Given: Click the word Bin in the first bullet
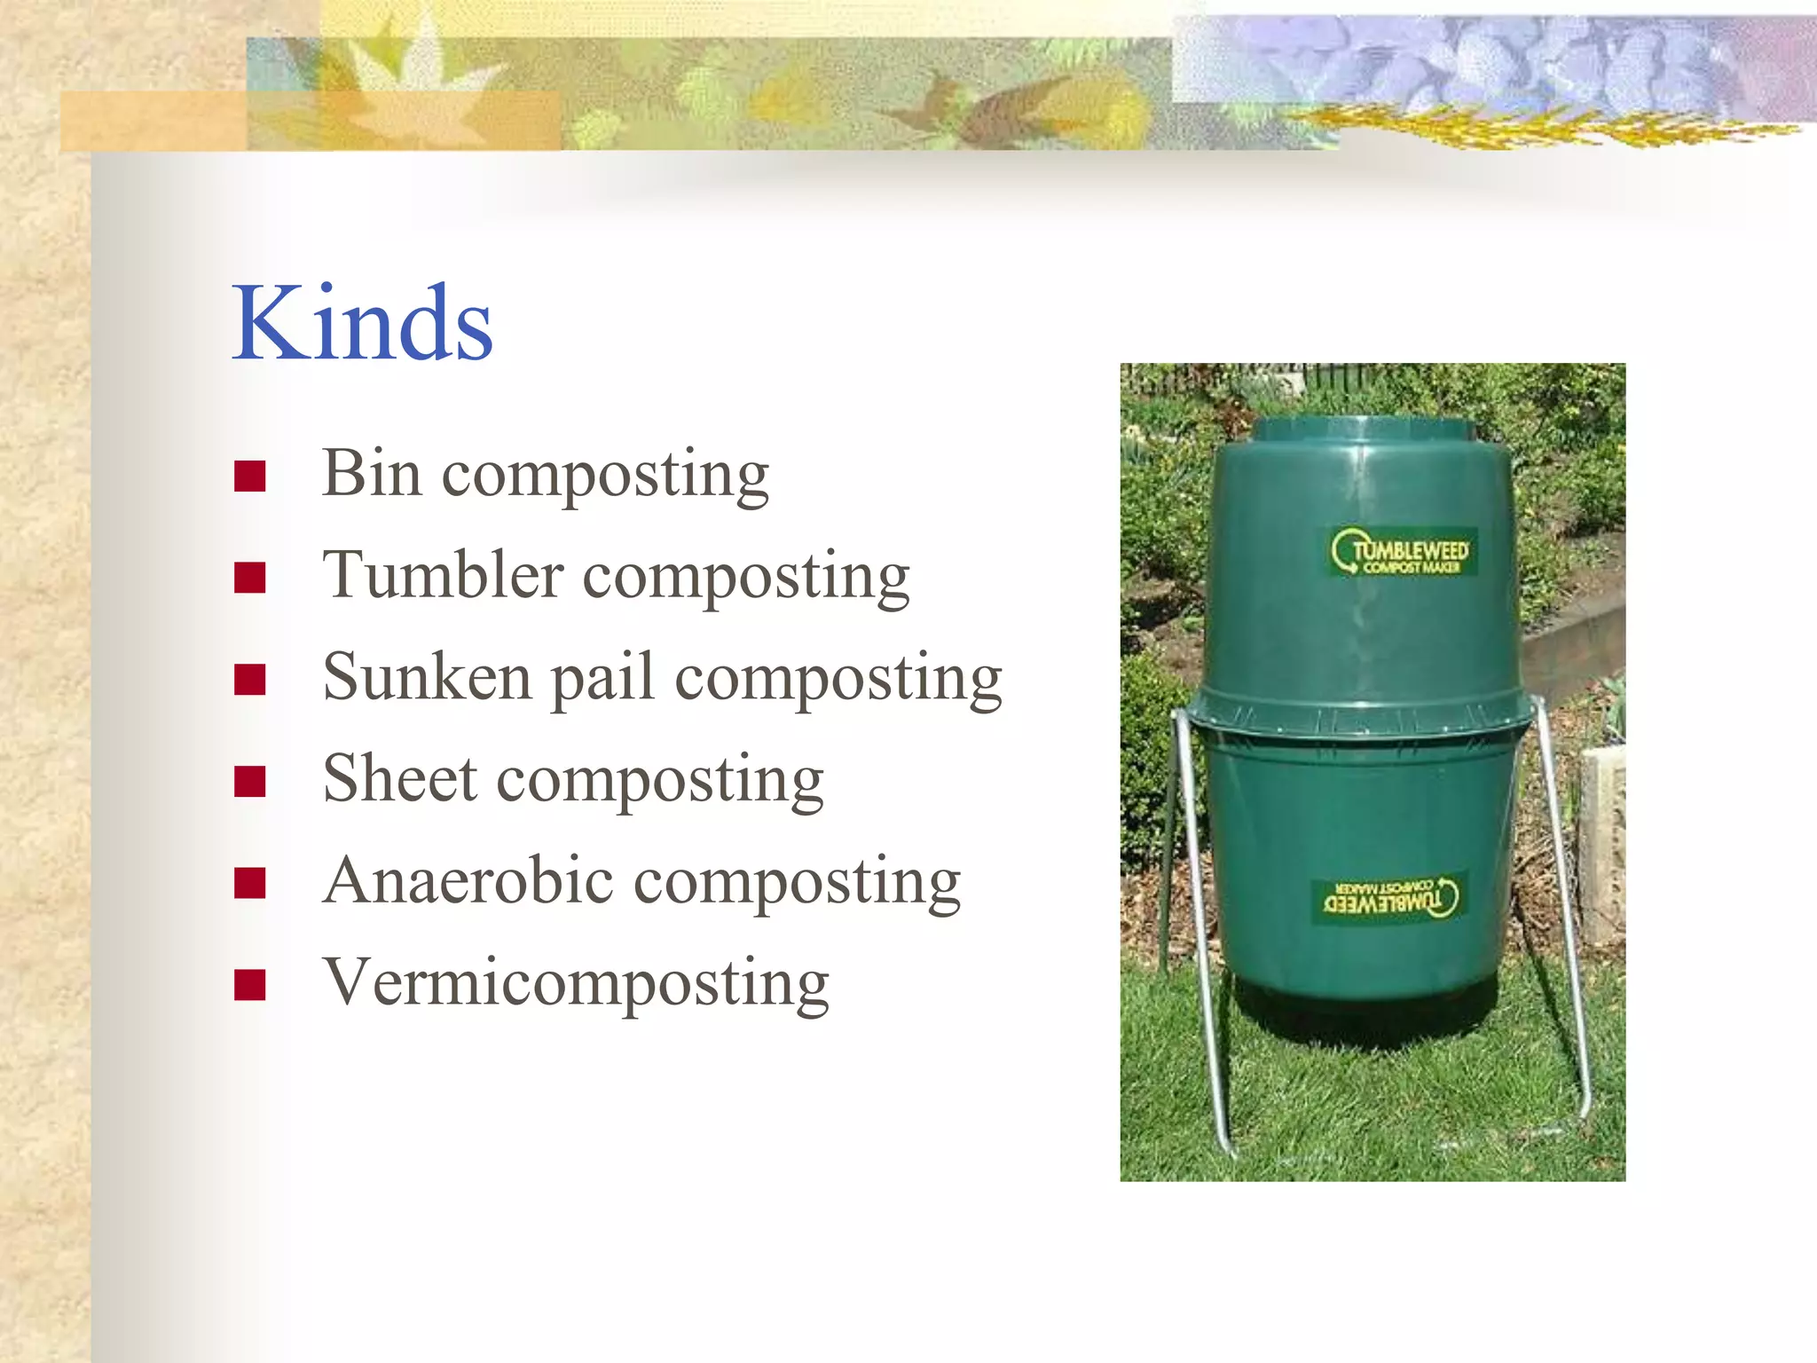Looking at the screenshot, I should [x=371, y=473].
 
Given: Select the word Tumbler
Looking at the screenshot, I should [x=443, y=575].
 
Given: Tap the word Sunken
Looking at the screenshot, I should [x=427, y=677].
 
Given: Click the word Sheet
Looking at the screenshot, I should [x=400, y=779].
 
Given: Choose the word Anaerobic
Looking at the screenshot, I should [x=468, y=881].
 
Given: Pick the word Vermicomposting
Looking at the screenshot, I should [x=576, y=983].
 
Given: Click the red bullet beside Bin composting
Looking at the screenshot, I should [x=250, y=477].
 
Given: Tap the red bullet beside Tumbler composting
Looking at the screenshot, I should [x=250, y=578].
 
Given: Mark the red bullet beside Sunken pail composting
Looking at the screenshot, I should [x=250, y=680].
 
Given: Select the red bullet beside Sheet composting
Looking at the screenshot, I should [x=250, y=782].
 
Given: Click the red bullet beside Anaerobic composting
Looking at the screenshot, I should [x=250, y=883].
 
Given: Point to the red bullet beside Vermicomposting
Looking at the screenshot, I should [x=250, y=985].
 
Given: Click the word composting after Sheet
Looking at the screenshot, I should [x=660, y=781].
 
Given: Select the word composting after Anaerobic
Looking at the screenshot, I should [x=798, y=883].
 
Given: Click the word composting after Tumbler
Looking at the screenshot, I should [x=746, y=578].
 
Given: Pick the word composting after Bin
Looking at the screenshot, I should [x=605, y=476].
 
